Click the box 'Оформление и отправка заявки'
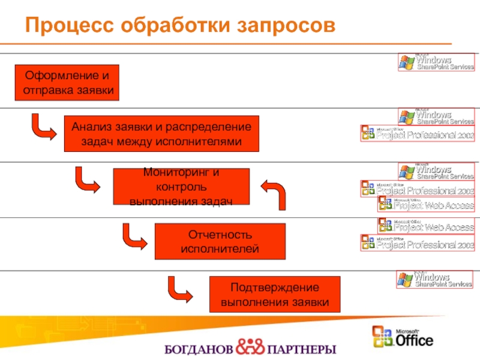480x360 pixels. click(x=67, y=83)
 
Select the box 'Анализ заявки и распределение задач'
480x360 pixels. click(x=161, y=134)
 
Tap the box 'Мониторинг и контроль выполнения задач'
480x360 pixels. click(x=181, y=187)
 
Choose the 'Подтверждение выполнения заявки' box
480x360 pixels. click(x=274, y=295)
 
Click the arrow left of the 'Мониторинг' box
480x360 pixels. click(x=88, y=180)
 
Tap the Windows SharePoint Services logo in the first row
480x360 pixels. click(x=436, y=62)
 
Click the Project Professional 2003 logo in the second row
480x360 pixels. click(x=418, y=134)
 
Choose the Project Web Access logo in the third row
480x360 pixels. click(x=426, y=204)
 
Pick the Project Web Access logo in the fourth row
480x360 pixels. click(x=426, y=226)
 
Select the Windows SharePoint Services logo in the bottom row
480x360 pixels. click(x=436, y=280)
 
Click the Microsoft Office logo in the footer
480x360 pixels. click(x=403, y=337)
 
